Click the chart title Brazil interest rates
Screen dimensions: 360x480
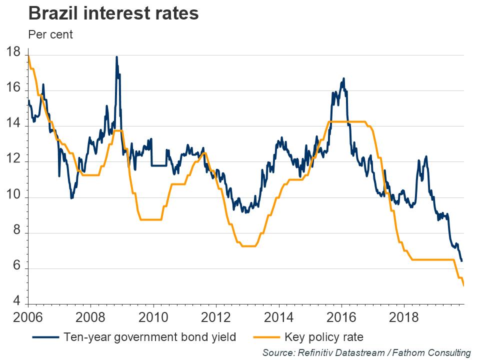pos(114,13)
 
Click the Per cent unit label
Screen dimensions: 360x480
pos(50,35)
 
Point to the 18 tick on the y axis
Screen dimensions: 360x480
pos(13,52)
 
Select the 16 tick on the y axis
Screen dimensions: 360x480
pos(13,88)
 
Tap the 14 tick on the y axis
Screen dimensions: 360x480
pos(13,124)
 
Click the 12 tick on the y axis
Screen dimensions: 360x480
pos(13,161)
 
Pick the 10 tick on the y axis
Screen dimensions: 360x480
pos(13,197)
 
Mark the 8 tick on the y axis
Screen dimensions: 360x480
pos(16,233)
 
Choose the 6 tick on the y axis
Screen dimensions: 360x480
pos(16,268)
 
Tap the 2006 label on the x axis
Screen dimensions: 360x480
pos(28,317)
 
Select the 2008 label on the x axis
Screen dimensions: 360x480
pos(90,317)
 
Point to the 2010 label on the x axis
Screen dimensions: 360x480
pos(153,317)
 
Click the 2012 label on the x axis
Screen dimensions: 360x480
pos(216,317)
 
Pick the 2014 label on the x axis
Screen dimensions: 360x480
pos(278,317)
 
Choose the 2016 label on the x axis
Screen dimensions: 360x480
pos(341,317)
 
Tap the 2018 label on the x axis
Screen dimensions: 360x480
pos(404,317)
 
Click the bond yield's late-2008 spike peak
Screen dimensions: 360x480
pos(116,57)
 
